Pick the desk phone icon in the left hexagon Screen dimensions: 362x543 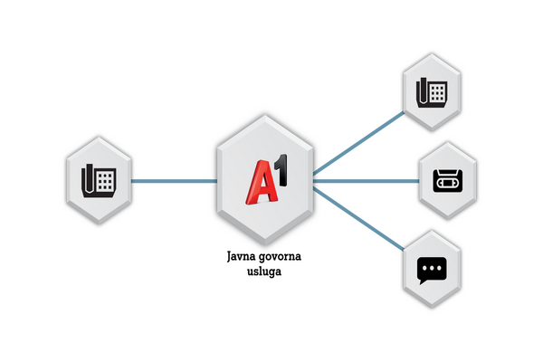[99, 180]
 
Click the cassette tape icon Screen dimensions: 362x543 [447, 181]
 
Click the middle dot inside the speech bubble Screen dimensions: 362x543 [432, 268]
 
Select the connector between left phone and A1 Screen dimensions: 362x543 [174, 181]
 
